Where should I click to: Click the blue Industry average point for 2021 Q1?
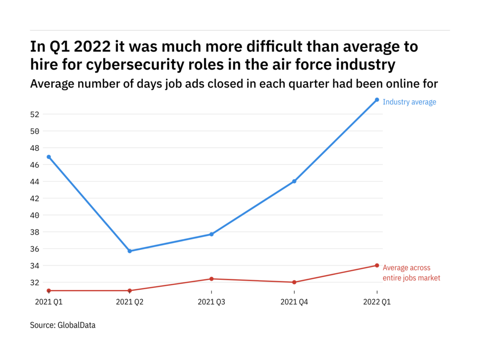tap(49, 157)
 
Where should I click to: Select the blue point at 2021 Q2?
tap(130, 251)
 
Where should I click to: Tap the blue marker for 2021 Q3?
tap(211, 234)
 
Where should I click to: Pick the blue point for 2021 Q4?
tap(294, 181)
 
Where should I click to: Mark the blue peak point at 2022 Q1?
tap(377, 99)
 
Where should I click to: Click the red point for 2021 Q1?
tap(49, 291)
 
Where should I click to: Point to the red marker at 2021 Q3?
tap(211, 279)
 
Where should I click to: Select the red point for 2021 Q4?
tap(294, 282)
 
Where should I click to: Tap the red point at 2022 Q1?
tap(377, 265)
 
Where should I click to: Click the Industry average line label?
tap(409, 102)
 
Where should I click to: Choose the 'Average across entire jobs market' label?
tap(411, 273)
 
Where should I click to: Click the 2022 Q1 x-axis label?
tap(377, 302)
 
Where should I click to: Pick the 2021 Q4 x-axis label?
tap(294, 302)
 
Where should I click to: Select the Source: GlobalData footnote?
tap(62, 325)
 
